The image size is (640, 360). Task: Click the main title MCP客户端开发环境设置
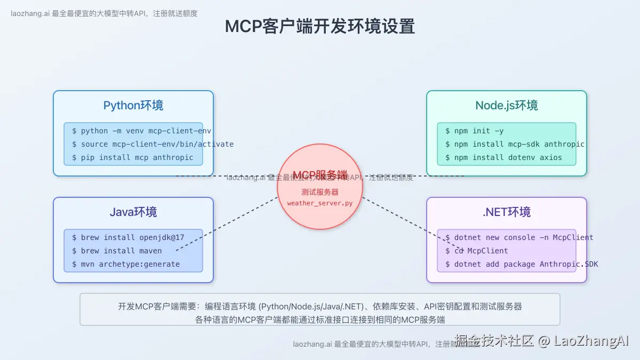click(319, 26)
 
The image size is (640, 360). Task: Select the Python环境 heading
click(133, 105)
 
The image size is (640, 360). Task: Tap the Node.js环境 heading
click(506, 105)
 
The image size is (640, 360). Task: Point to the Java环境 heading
click(133, 212)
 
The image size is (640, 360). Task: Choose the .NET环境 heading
click(506, 212)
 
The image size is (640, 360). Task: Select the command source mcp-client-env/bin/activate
click(153, 144)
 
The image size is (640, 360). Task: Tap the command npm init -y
click(474, 131)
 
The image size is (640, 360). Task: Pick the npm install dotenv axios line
click(503, 157)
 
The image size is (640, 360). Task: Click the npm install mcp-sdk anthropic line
click(515, 144)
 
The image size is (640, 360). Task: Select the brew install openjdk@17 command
click(129, 237)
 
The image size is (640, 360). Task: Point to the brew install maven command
click(117, 251)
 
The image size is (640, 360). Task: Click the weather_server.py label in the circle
click(319, 203)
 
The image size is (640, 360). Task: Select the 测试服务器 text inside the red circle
click(319, 192)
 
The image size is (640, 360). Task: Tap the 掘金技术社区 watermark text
click(493, 341)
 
